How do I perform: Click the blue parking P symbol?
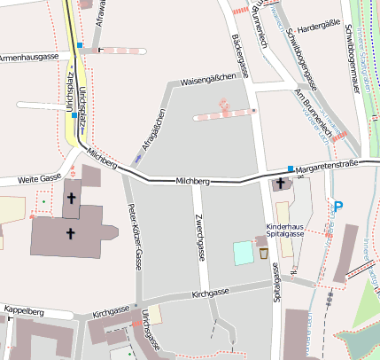click(x=337, y=207)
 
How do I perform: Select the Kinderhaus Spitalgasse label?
click(x=285, y=229)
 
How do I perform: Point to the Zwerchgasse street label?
click(x=200, y=237)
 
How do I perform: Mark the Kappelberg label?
click(x=24, y=311)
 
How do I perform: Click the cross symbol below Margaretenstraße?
click(x=281, y=184)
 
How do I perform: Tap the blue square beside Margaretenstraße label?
click(x=290, y=167)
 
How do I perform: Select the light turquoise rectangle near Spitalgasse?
click(x=242, y=253)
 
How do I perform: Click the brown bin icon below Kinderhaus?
click(x=263, y=254)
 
